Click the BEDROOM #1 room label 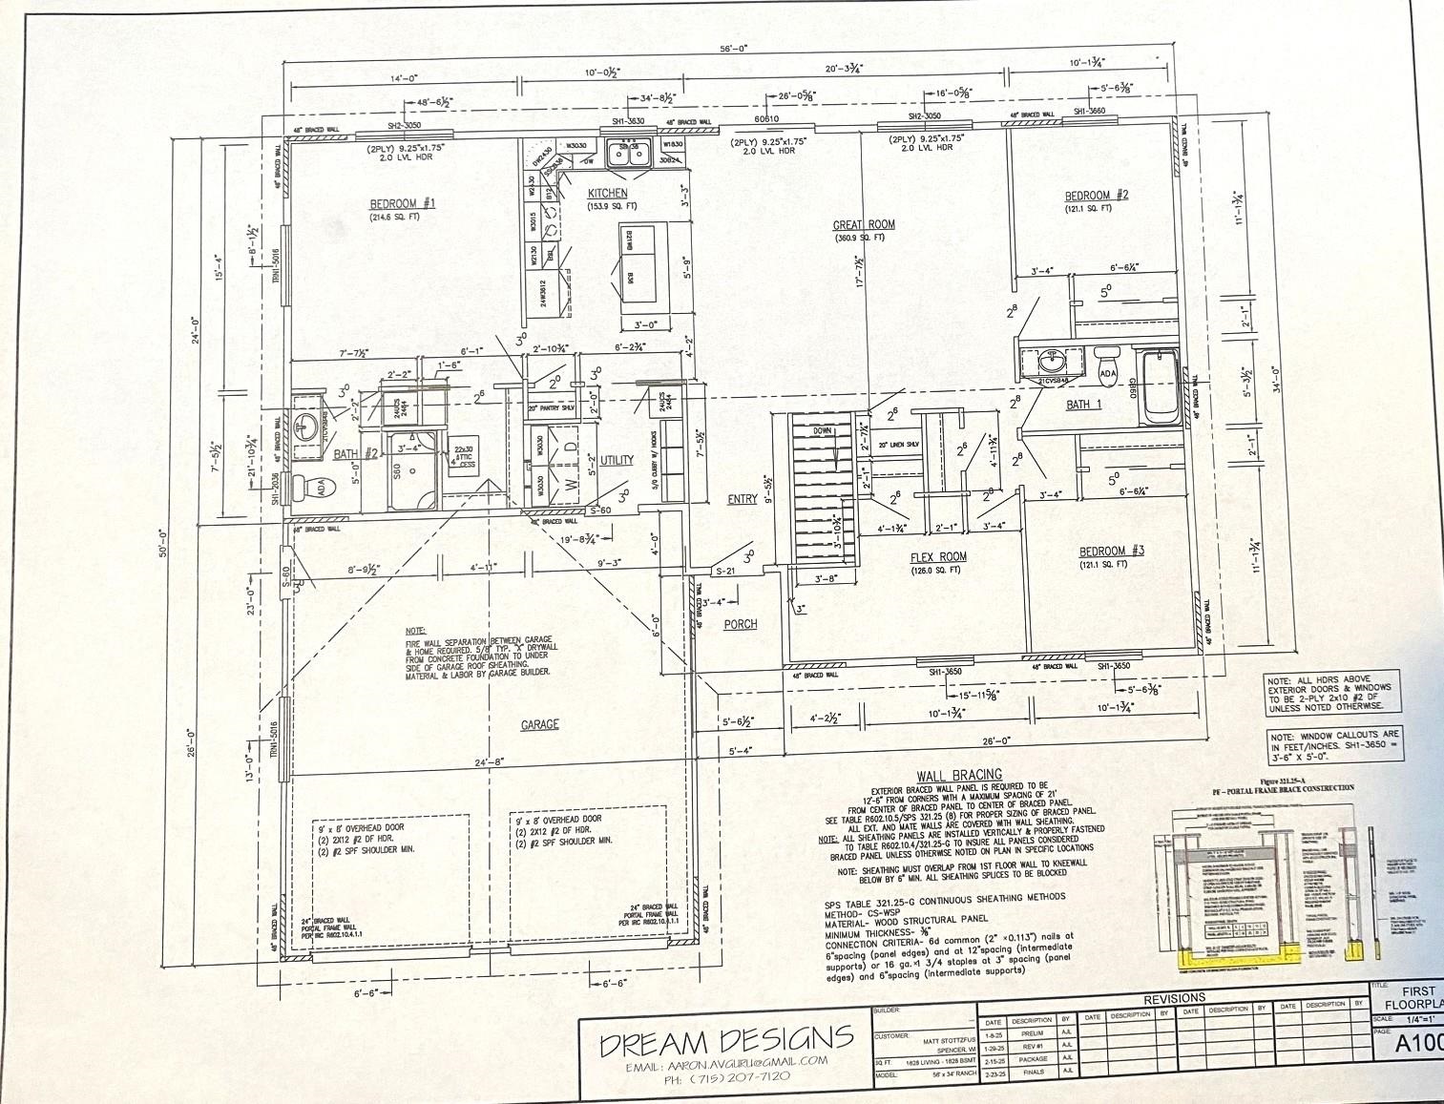(402, 203)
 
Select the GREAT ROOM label (864, 225)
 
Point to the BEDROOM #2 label (1097, 196)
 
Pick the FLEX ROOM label (939, 557)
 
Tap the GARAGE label (539, 725)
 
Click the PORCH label (740, 624)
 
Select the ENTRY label (742, 499)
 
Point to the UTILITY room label (617, 460)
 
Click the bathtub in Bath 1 (1159, 386)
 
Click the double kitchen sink (631, 153)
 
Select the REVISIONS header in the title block (1175, 998)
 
